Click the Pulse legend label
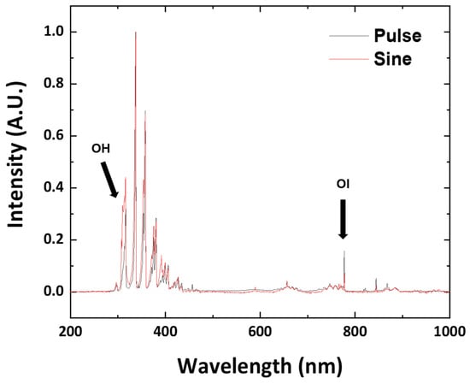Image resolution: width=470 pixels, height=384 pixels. (397, 36)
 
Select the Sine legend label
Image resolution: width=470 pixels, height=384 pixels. (393, 59)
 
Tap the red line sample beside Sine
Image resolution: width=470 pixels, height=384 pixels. (349, 59)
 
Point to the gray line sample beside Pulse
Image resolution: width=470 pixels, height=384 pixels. (349, 36)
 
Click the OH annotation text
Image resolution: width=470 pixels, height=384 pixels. (101, 149)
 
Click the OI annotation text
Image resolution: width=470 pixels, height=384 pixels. (343, 184)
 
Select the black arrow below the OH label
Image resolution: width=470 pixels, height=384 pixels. (109, 180)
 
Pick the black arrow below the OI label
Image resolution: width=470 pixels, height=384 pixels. (343, 219)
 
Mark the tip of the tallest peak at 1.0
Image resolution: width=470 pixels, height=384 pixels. (136, 32)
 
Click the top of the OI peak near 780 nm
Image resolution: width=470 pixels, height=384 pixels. (344, 251)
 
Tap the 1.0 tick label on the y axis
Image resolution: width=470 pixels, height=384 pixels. (54, 32)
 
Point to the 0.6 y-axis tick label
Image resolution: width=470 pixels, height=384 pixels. (54, 136)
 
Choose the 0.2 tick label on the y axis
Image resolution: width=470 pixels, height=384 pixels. (54, 240)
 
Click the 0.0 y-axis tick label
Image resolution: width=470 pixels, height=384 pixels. (54, 292)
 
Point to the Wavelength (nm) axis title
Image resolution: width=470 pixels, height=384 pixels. (260, 366)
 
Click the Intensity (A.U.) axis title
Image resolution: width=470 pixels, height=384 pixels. (15, 155)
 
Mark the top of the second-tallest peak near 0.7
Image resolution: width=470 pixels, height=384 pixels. (145, 110)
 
